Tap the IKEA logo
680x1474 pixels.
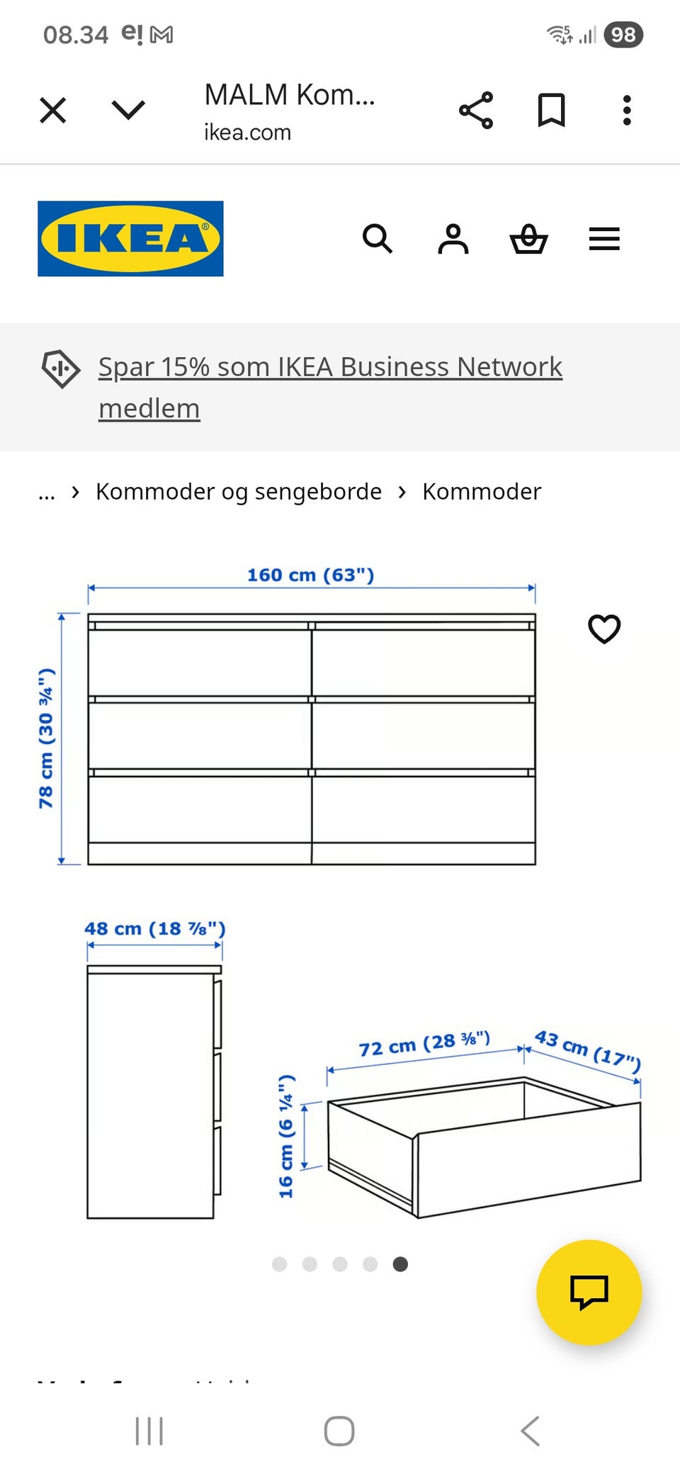click(x=130, y=239)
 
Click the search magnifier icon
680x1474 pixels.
click(x=377, y=239)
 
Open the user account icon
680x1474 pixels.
click(x=453, y=239)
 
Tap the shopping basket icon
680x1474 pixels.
click(x=528, y=239)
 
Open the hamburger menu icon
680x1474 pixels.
click(x=604, y=239)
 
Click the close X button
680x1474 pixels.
click(x=53, y=111)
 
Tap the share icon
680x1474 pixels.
click(x=476, y=111)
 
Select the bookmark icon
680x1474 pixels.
click(x=551, y=111)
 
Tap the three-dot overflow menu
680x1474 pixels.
click(x=627, y=111)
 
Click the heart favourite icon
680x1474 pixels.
click(x=604, y=629)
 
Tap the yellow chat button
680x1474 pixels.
click(x=589, y=1292)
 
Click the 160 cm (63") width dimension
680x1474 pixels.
click(x=310, y=575)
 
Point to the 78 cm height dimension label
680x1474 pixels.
click(x=46, y=738)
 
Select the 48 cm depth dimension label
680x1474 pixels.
click(x=154, y=928)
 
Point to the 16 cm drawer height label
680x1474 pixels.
click(x=286, y=1137)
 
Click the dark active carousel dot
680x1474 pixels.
click(x=400, y=1264)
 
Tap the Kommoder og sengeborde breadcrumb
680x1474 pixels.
click(x=239, y=491)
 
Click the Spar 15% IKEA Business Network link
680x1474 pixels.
click(x=329, y=367)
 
